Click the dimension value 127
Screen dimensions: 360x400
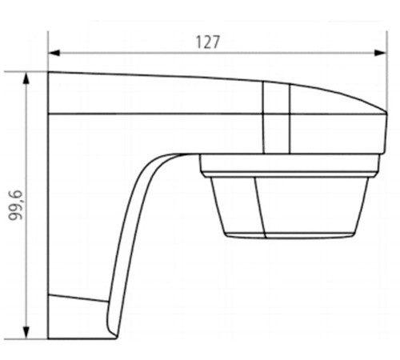pyautogui.click(x=208, y=42)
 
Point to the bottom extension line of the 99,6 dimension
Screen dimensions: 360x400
pyautogui.click(x=36, y=337)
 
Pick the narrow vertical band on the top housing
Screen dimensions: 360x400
pyautogui.click(x=276, y=116)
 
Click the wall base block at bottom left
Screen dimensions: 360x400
pyautogui.click(x=76, y=316)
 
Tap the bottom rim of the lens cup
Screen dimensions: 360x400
pyautogui.click(x=288, y=234)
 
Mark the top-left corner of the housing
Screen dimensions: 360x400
pyautogui.click(x=49, y=74)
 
